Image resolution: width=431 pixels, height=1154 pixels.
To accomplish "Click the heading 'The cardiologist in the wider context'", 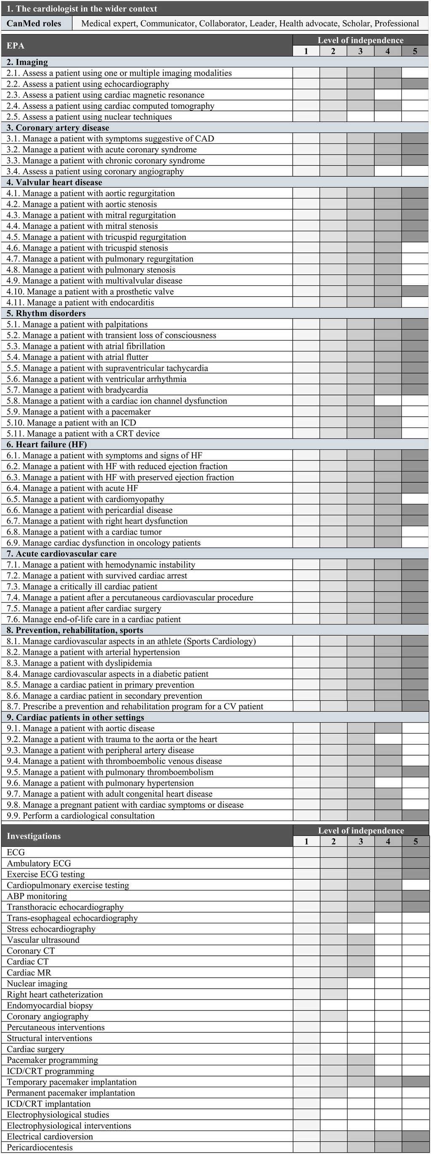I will click(82, 8).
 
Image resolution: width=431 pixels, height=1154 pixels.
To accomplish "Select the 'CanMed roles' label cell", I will click(34, 23).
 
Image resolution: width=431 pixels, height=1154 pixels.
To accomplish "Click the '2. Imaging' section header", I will click(27, 62).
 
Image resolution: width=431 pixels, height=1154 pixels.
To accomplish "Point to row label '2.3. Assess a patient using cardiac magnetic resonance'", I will click(105, 95).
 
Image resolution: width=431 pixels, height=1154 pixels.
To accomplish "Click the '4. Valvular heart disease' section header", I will click(54, 182).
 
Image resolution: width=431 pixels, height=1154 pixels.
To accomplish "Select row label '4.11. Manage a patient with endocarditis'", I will click(80, 302).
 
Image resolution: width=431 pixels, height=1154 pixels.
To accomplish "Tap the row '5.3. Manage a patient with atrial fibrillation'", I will click(85, 346).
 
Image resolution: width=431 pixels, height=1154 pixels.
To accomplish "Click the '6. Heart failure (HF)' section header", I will click(47, 444).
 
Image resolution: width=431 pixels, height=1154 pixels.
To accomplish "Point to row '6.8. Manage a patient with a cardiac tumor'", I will click(84, 532).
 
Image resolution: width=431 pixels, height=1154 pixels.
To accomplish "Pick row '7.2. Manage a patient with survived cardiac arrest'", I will click(97, 576).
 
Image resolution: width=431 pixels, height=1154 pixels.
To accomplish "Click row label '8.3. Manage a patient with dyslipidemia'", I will click(79, 663).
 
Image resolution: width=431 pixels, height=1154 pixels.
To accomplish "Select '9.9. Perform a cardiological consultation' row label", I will click(81, 816).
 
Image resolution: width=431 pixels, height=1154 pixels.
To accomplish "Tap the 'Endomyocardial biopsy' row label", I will click(50, 1005).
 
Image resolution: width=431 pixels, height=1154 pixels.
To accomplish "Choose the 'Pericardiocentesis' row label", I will click(40, 1147).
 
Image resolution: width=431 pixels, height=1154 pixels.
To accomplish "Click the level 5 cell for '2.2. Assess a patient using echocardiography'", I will click(415, 84).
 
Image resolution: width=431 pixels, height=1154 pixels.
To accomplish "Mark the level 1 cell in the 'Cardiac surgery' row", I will click(306, 1049).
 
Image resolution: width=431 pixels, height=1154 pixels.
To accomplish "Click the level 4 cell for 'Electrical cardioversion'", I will click(388, 1136).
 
